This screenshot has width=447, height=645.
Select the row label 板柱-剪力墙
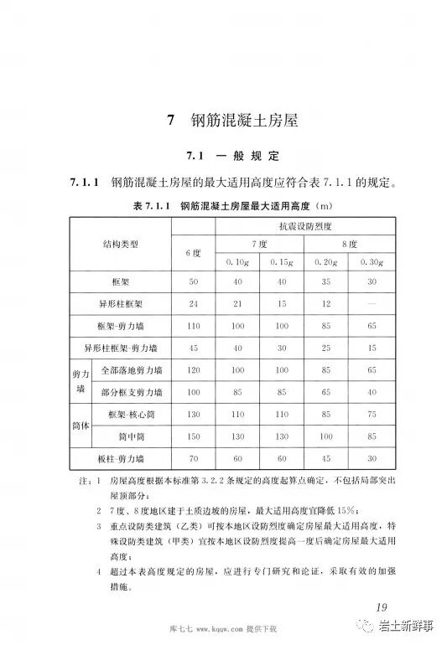pyautogui.click(x=120, y=459)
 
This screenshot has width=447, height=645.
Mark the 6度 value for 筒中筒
pyautogui.click(x=193, y=436)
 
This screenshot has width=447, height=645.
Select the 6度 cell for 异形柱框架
pyautogui.click(x=193, y=302)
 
